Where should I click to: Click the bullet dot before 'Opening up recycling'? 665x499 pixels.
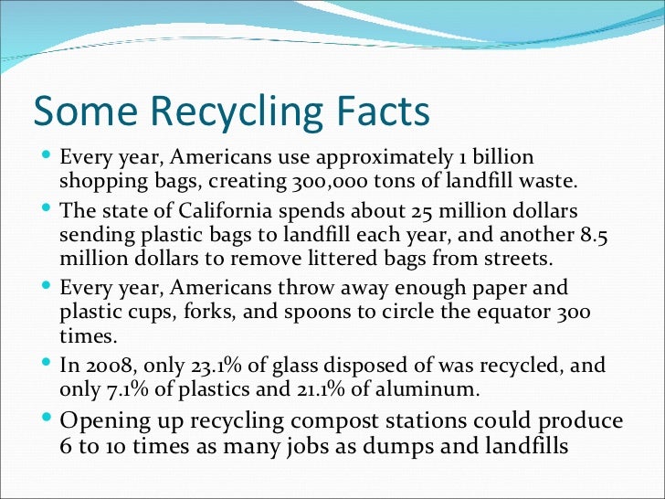point(47,419)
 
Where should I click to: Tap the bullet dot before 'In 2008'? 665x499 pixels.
point(47,365)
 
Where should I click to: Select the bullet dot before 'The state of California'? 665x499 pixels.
point(47,210)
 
